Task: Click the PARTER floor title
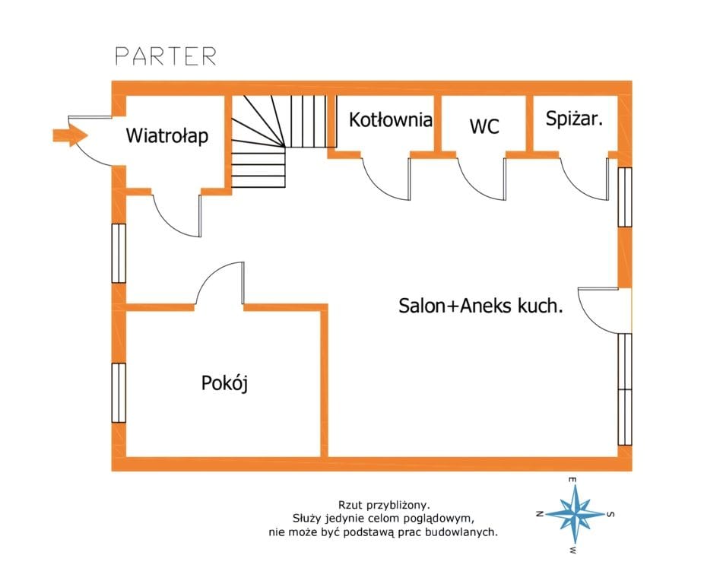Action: point(166,56)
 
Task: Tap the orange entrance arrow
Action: point(70,135)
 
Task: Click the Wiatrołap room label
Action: point(167,136)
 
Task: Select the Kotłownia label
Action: point(391,120)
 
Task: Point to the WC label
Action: point(484,126)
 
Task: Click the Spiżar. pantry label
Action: point(574,119)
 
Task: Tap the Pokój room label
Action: point(224,383)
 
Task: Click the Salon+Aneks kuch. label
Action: point(480,306)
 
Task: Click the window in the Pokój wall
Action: point(119,392)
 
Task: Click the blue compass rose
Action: point(575,513)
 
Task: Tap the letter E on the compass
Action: point(572,480)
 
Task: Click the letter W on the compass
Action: point(572,550)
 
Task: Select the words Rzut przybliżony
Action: point(384,505)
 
